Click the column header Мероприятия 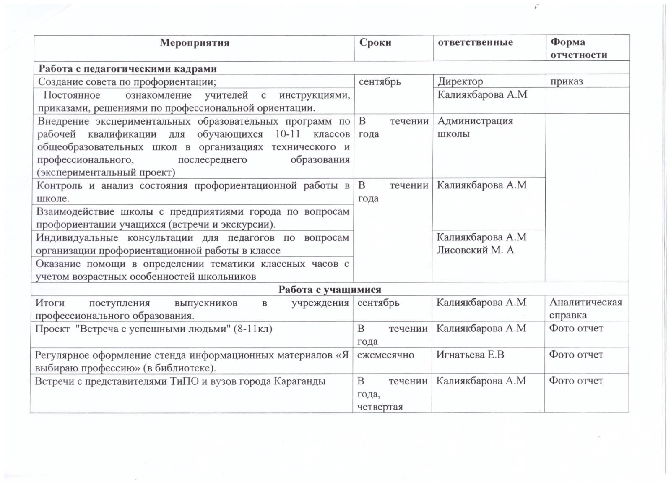[195, 43]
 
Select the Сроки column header [375, 43]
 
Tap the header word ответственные [475, 42]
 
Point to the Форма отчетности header [579, 48]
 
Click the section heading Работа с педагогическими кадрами [128, 69]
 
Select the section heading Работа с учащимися [330, 290]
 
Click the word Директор [460, 81]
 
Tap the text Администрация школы [475, 128]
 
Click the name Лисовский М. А [475, 250]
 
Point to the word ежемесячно [385, 355]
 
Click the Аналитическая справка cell [585, 309]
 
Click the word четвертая [380, 407]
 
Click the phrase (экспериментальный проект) [106, 172]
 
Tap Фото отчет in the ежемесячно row [576, 355]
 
